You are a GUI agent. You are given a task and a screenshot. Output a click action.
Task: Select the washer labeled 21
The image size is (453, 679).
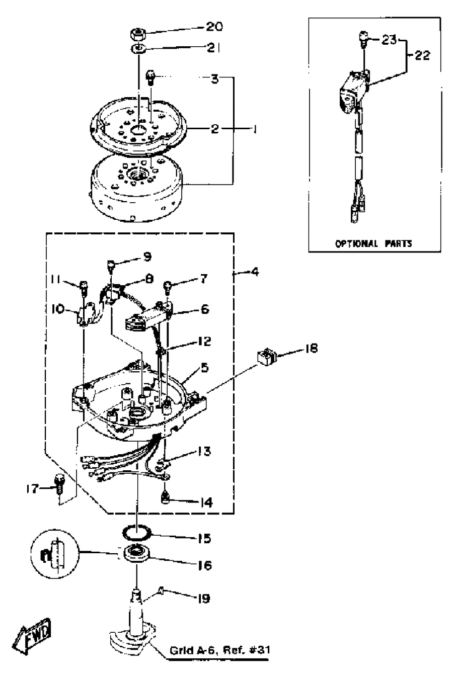click(x=138, y=48)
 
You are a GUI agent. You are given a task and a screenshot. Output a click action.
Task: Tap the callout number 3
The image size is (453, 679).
click(x=215, y=79)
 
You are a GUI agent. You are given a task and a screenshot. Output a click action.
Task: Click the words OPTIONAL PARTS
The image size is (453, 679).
click(x=373, y=243)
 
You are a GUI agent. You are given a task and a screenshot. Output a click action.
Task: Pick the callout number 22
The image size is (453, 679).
click(x=422, y=55)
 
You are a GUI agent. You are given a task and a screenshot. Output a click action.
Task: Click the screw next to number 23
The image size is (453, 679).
click(x=362, y=38)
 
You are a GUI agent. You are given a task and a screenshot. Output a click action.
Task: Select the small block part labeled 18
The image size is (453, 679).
click(x=266, y=356)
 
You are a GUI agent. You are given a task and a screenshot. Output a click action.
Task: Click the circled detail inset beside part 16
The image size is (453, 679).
click(x=55, y=553)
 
